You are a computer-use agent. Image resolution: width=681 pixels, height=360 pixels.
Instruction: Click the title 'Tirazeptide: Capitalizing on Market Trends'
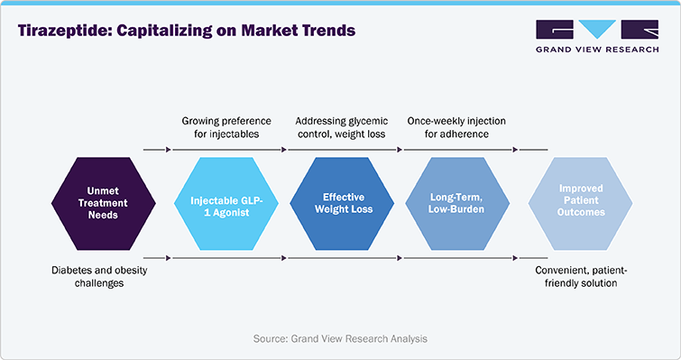point(187,31)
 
